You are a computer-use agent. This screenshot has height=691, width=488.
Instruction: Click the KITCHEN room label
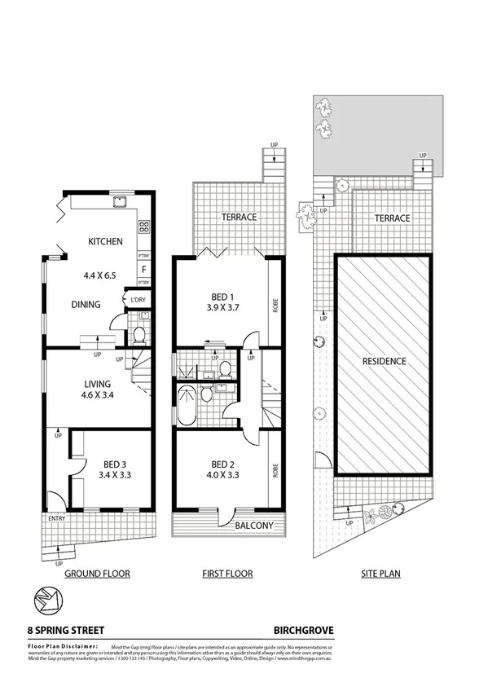click(x=106, y=241)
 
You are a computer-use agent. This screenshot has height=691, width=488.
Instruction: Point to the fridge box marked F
click(x=143, y=268)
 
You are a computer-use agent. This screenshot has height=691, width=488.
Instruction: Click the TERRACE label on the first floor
click(x=238, y=218)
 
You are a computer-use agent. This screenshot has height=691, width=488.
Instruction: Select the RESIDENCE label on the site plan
click(x=385, y=360)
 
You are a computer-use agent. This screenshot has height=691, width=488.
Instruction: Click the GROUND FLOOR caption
click(x=98, y=574)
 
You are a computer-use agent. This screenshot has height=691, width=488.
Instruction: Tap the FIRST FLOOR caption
click(x=227, y=574)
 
